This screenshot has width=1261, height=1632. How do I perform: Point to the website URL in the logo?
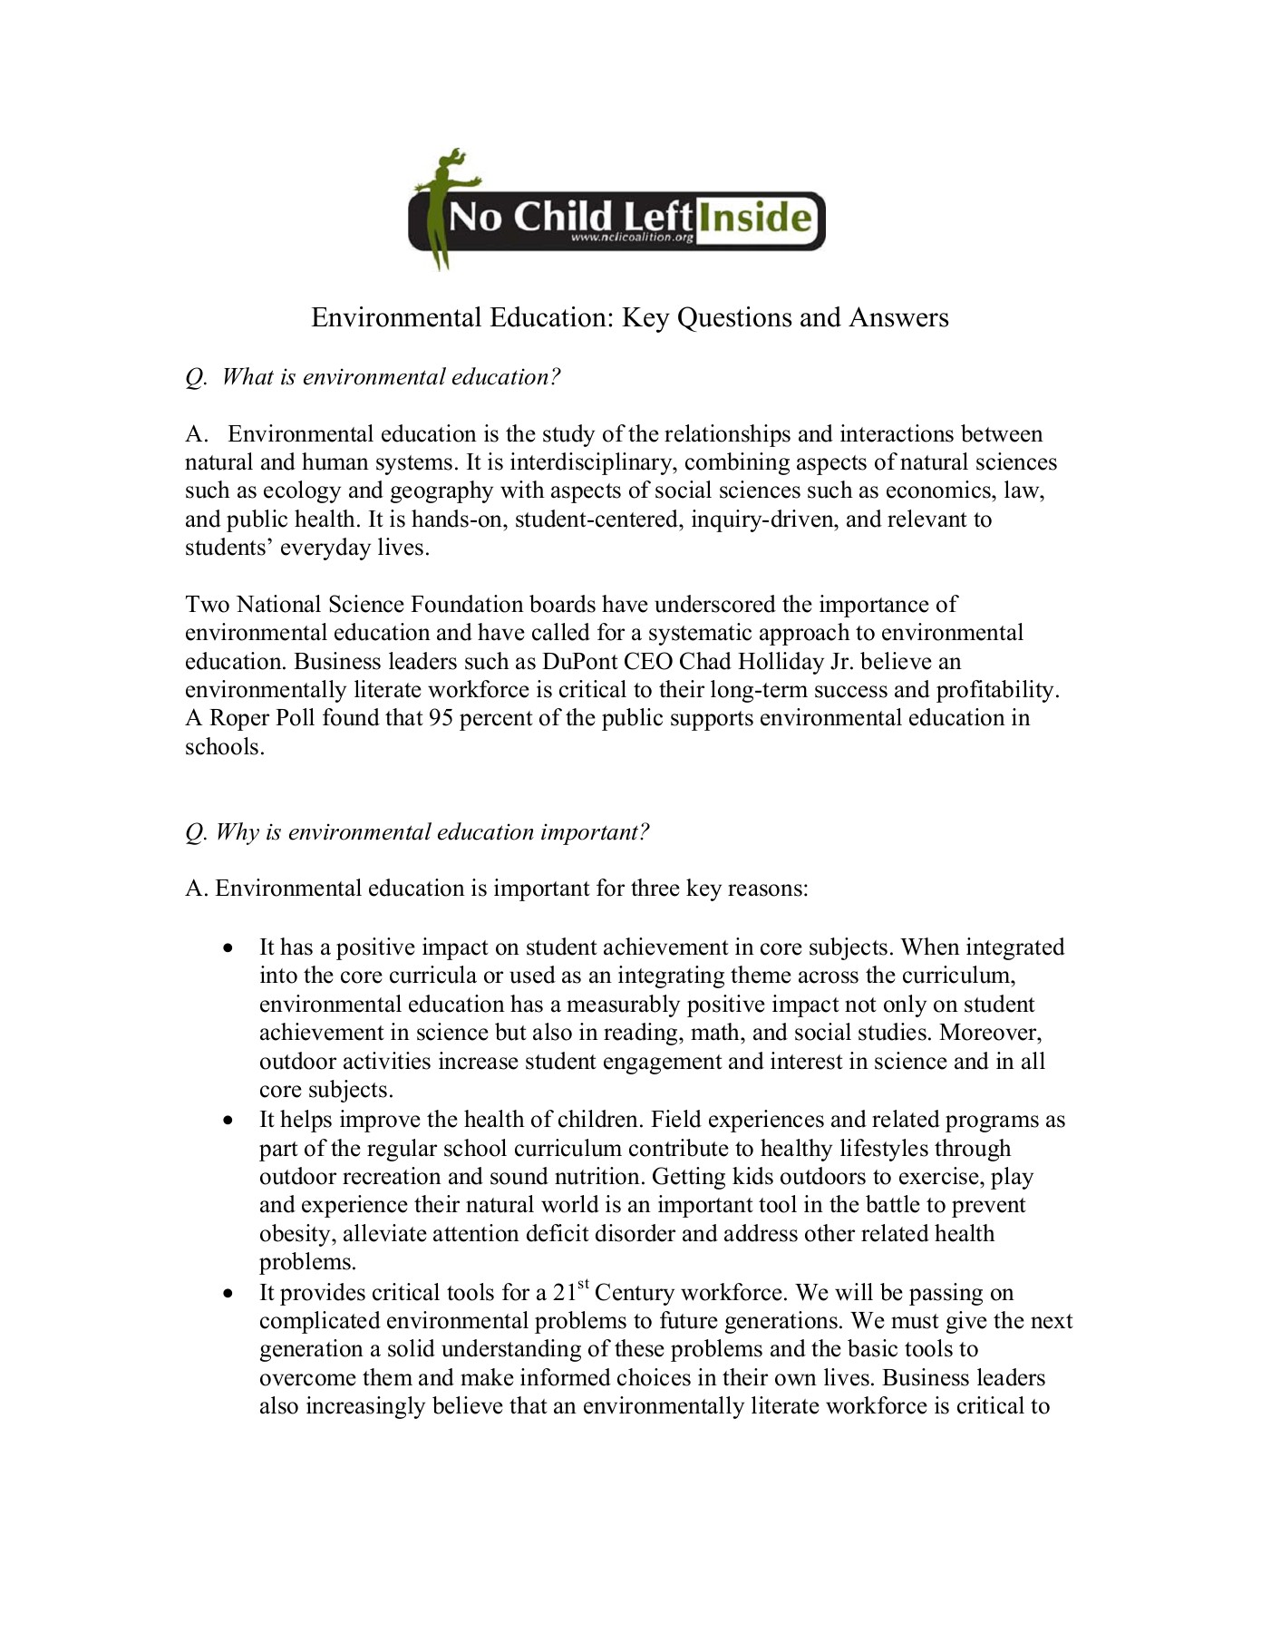(x=633, y=238)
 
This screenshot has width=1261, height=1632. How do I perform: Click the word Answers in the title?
(x=898, y=317)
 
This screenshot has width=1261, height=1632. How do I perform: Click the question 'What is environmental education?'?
(x=373, y=377)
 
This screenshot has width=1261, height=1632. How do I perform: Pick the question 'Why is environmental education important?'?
(x=418, y=832)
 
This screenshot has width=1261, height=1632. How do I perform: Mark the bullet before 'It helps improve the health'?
(x=230, y=1121)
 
